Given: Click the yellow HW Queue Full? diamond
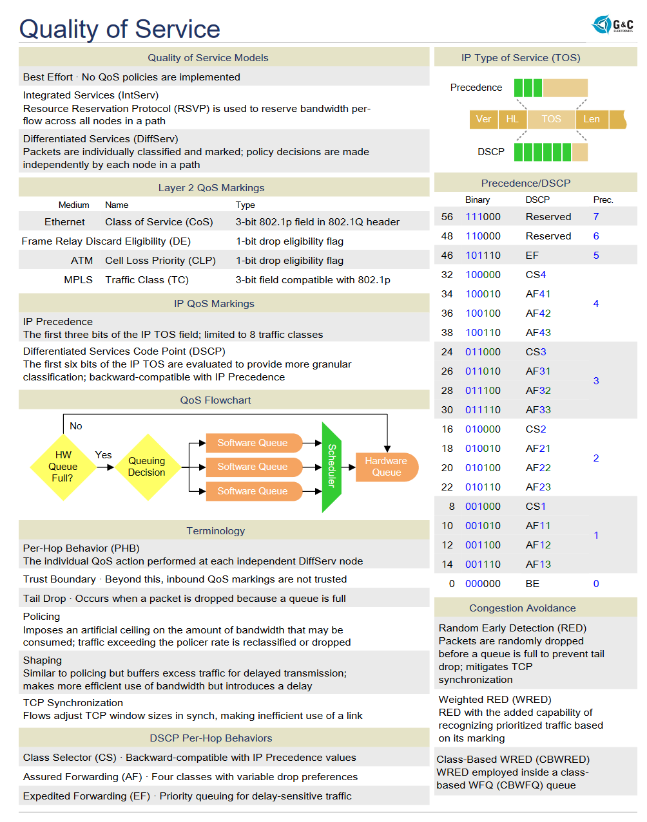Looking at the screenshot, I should coord(63,467).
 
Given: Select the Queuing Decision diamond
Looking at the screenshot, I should coord(147,467).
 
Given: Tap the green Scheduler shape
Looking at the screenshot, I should coord(331,467).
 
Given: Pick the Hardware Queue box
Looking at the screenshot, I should coord(386,467).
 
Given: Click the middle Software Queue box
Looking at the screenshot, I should coord(253,467).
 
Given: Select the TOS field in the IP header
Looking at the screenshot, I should coord(551,119).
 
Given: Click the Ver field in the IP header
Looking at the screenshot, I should coord(483,119).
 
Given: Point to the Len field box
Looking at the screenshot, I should coord(592,119).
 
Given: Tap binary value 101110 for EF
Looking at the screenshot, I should coord(483,256).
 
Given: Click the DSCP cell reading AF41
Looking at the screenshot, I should coord(538,294).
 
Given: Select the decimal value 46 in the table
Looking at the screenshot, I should coord(447,256).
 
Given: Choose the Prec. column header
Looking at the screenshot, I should coord(603,200).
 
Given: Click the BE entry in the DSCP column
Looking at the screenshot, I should coord(532,584).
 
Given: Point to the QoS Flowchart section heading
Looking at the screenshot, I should coord(215,400).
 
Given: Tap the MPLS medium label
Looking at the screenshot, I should coord(78,280).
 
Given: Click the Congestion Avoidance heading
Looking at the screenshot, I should coord(523,608).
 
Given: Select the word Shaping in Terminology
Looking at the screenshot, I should coord(43,660).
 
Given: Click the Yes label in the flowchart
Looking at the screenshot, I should coord(103,455).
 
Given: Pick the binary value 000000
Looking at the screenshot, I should coord(483,584).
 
